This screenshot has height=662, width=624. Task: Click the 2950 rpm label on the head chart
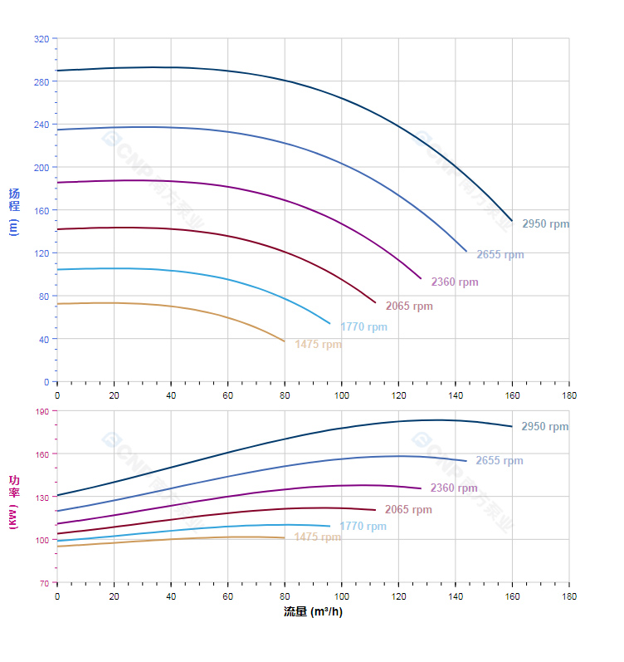[545, 224]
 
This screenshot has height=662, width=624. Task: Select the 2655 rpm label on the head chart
[500, 255]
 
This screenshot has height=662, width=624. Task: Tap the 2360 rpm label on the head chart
[454, 282]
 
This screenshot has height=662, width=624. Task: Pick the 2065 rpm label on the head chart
[409, 306]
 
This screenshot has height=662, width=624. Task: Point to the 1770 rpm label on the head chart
[363, 327]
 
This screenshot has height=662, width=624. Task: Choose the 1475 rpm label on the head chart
[318, 345]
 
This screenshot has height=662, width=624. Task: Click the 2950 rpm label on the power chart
[544, 427]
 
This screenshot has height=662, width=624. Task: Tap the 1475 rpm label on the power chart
[317, 537]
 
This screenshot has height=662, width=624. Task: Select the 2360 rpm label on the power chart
[454, 488]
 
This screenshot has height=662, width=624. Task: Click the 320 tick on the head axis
[41, 39]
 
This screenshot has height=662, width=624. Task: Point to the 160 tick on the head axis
[41, 210]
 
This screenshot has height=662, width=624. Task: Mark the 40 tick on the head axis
[44, 339]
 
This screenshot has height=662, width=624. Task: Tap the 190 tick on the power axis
[41, 411]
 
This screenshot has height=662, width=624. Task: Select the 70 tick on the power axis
[44, 583]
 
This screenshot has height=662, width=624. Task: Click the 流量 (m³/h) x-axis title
[313, 612]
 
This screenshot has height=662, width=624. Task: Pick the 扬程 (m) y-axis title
[13, 211]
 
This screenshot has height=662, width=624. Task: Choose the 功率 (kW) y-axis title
[13, 496]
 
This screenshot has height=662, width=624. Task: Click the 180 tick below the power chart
[569, 597]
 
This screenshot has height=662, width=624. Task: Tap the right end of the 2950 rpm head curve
[512, 221]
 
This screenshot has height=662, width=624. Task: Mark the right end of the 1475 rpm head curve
[285, 341]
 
